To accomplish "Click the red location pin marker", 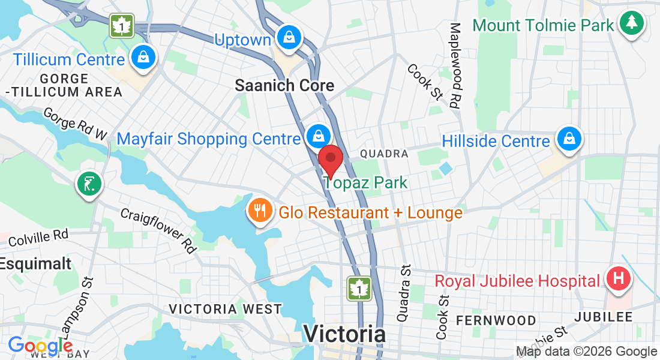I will pyautogui.click(x=330, y=160).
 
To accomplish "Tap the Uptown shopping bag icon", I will pyautogui.click(x=289, y=38).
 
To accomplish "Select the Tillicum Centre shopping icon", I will pyautogui.click(x=143, y=58).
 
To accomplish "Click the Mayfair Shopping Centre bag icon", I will pyautogui.click(x=316, y=137).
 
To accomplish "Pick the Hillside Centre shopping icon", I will pyautogui.click(x=567, y=139).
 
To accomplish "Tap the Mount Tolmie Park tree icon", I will pyautogui.click(x=631, y=23).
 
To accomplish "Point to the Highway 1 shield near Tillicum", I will pyautogui.click(x=122, y=26).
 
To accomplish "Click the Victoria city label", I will pyautogui.click(x=344, y=334).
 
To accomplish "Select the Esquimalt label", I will pyautogui.click(x=36, y=263).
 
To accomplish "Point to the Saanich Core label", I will pyautogui.click(x=284, y=85).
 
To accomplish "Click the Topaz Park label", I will pyautogui.click(x=367, y=182).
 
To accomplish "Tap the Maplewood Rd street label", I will pyautogui.click(x=455, y=65).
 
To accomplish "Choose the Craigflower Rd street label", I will pyautogui.click(x=159, y=230).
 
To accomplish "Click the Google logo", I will pyautogui.click(x=40, y=346).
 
